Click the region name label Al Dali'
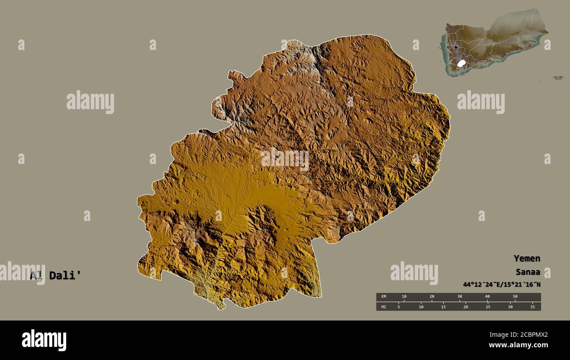tap(55, 275)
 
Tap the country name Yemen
tap(527, 258)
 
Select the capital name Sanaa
tap(527, 273)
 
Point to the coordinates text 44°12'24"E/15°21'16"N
tap(502, 285)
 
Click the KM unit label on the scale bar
tap(384, 297)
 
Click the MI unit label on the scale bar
tap(384, 307)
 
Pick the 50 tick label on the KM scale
tap(515, 297)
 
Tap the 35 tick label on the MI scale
tap(532, 307)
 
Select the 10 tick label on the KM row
tap(404, 297)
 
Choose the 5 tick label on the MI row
tap(399, 307)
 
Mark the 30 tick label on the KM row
tap(460, 297)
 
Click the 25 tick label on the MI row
tap(488, 307)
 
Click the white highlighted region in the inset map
tap(461, 63)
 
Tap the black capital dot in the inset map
tap(456, 47)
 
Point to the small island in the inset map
tap(558, 78)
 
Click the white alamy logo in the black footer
tap(44, 340)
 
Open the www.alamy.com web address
tap(518, 346)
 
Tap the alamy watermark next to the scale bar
tap(414, 273)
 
